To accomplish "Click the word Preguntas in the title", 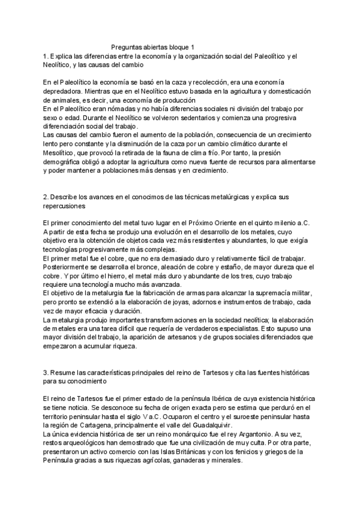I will pyautogui.click(x=128, y=47).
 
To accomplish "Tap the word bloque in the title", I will pyautogui.click(x=177, y=47).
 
